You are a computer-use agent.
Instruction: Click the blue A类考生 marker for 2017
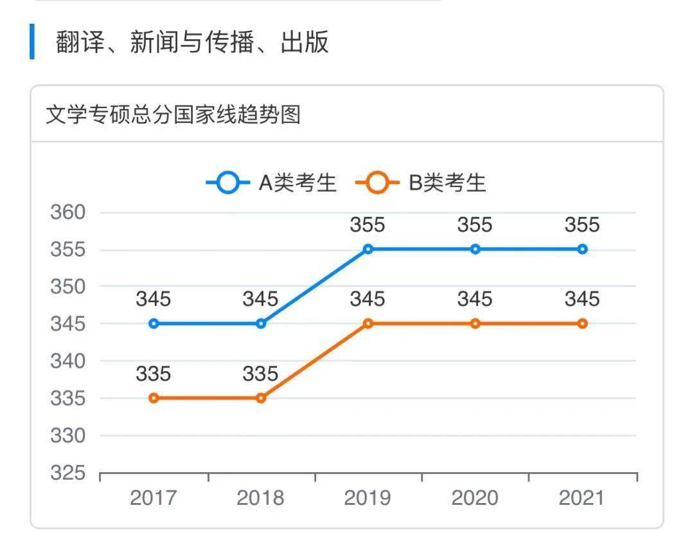click(x=154, y=324)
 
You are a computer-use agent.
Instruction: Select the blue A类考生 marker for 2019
click(x=368, y=249)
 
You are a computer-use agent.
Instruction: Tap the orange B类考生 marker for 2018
click(x=261, y=398)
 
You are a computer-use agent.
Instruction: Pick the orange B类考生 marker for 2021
click(x=582, y=324)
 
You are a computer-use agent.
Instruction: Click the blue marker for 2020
click(x=475, y=249)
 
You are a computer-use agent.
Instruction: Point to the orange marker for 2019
click(x=368, y=324)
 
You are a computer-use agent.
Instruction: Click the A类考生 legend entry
click(x=272, y=183)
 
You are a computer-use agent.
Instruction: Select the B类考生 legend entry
click(x=422, y=183)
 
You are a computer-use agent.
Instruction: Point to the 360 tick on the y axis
click(x=68, y=212)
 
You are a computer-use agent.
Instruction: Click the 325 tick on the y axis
click(x=68, y=473)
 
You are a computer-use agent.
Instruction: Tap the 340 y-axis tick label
click(x=68, y=361)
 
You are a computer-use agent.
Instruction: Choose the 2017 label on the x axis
click(x=154, y=499)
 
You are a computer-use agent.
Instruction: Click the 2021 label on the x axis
click(x=582, y=499)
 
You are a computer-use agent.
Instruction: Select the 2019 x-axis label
click(x=368, y=499)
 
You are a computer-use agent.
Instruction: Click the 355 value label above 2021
click(x=582, y=225)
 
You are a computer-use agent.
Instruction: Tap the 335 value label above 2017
click(x=154, y=374)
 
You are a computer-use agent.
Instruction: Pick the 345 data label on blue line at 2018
click(x=261, y=299)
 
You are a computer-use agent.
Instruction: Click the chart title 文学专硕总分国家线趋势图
click(x=173, y=115)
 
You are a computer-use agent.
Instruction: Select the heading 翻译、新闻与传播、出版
click(x=192, y=42)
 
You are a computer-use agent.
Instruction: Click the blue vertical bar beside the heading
click(x=32, y=42)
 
